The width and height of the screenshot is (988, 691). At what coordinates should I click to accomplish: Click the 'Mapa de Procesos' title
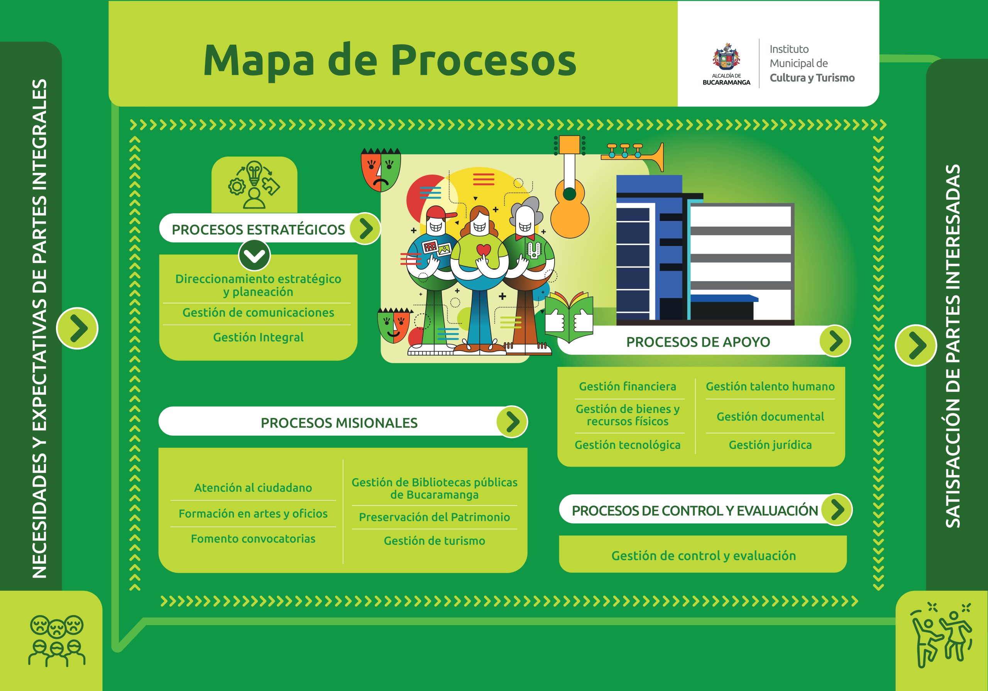pos(389,60)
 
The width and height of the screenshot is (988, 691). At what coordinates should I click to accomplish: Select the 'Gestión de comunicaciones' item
pos(258,313)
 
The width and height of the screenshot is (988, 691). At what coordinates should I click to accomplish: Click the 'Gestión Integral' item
pos(258,337)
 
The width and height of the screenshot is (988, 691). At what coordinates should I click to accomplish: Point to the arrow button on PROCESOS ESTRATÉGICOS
pos(365,228)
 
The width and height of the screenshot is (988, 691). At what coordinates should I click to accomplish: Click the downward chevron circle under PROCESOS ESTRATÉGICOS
pos(254,256)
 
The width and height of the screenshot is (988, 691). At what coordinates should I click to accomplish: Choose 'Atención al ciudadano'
pos(253,488)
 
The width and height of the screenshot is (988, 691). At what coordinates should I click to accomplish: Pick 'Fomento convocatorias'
pos(253,539)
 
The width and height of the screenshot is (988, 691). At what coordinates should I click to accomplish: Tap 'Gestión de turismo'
pos(434,541)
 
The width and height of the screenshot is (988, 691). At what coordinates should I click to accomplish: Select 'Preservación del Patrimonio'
pos(434,517)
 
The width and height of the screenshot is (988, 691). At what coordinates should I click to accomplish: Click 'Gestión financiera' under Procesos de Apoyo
pos(628,386)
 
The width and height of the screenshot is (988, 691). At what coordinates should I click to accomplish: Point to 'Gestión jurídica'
pos(770,445)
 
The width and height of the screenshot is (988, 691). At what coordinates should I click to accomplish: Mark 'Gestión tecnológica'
pos(628,445)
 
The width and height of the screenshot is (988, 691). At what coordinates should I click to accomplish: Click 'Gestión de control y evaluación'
pos(704,556)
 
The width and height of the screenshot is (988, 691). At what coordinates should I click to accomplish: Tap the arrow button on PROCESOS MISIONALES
pos(512,422)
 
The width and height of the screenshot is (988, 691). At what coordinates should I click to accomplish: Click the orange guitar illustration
pos(570,202)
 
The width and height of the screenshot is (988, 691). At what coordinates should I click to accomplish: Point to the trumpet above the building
pos(633,154)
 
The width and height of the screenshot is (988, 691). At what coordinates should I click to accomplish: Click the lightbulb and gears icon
pos(254,185)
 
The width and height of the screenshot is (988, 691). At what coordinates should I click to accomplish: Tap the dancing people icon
pos(941,635)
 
